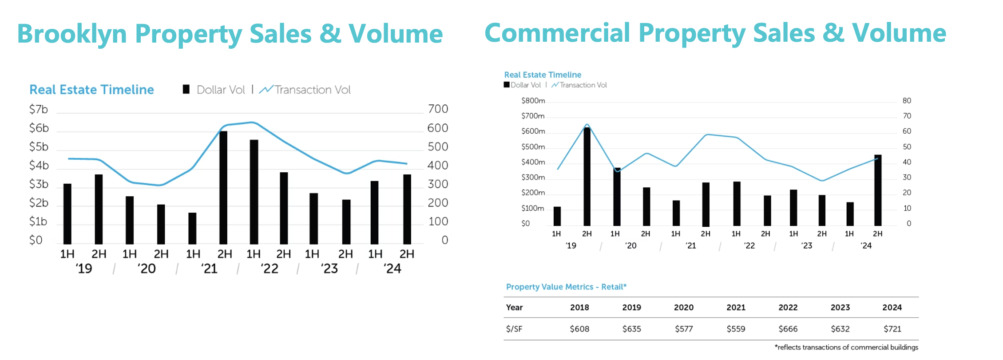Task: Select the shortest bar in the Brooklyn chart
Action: click(192, 228)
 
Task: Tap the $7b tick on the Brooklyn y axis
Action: click(39, 109)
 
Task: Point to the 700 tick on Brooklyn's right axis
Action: click(438, 109)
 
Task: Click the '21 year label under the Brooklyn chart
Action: click(209, 269)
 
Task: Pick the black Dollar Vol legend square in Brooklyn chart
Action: click(186, 90)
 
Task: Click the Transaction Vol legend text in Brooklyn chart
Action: click(312, 90)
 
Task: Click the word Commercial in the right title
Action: click(557, 33)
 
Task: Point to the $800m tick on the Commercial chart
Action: click(533, 101)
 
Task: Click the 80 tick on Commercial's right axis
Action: click(907, 101)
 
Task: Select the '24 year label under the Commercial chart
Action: click(866, 245)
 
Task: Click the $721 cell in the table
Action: click(892, 329)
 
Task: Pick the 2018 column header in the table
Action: click(579, 307)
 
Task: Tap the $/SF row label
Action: click(514, 329)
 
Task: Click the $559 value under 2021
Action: click(736, 329)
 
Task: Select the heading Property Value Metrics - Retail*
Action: click(566, 287)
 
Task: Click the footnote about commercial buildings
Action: click(846, 347)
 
